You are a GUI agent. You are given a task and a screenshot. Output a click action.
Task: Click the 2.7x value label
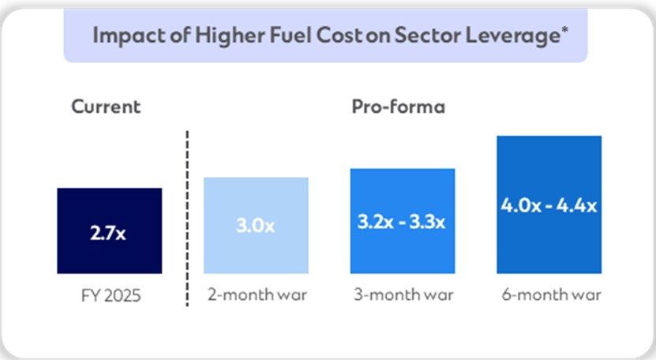tap(110, 234)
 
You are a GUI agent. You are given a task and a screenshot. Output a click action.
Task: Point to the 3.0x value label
tap(256, 226)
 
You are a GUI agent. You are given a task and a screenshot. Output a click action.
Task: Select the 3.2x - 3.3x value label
tap(403, 221)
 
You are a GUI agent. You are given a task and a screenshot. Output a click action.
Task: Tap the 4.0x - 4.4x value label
tap(549, 205)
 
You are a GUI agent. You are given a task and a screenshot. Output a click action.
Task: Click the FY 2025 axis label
tap(110, 296)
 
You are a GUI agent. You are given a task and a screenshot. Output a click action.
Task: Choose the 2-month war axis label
tap(256, 296)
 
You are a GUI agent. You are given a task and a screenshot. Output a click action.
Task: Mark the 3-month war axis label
tap(403, 296)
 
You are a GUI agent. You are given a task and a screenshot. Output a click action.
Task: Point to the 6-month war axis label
tap(549, 296)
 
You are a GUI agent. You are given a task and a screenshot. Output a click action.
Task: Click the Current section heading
tap(106, 107)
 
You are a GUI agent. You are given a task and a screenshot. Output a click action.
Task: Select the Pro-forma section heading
tap(398, 107)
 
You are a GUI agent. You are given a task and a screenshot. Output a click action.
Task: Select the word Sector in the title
tap(437, 36)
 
